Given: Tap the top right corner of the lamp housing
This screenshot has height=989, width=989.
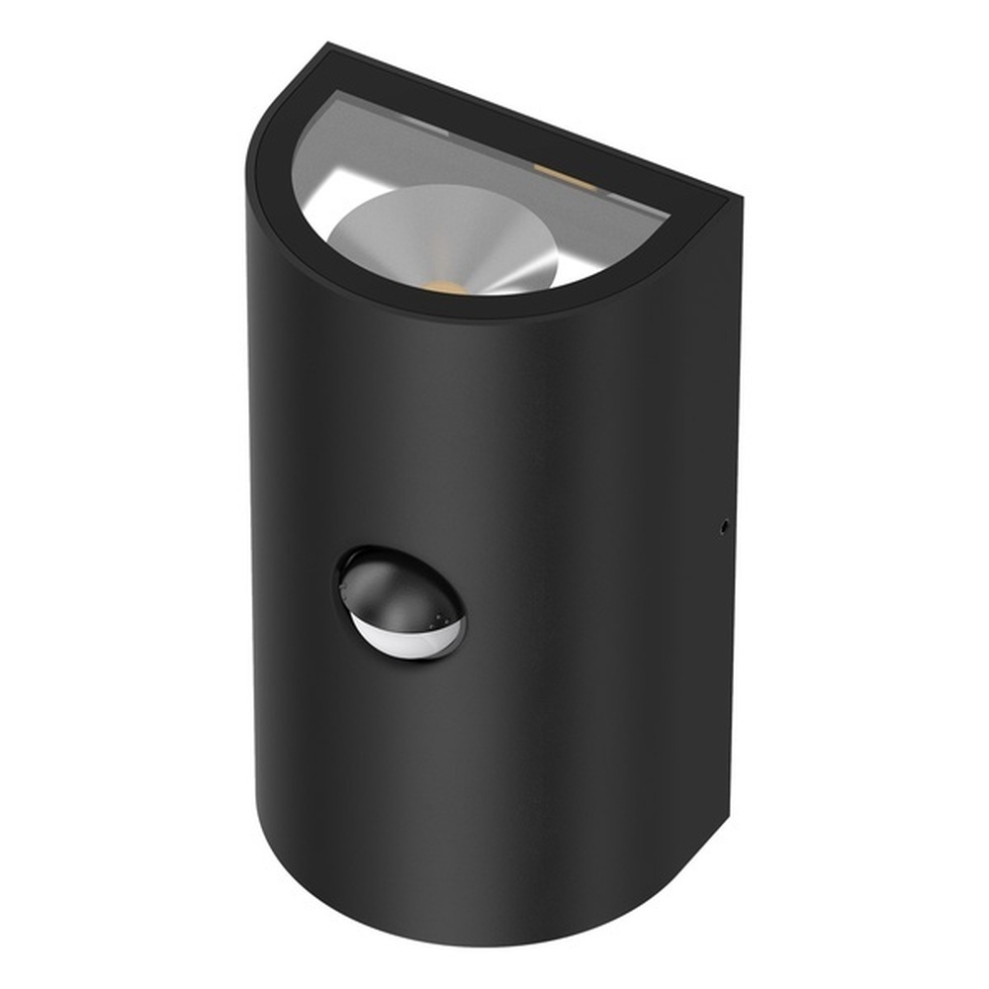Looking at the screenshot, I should pyautogui.click(x=740, y=198).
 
